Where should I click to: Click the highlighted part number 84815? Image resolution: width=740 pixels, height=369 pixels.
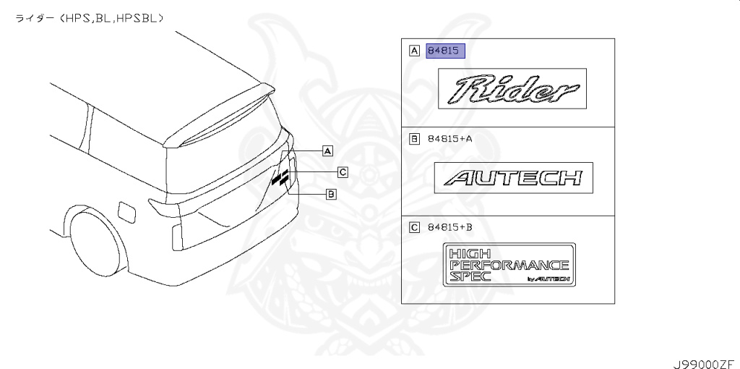pos(445,51)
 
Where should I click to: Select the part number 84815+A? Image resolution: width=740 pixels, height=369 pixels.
pos(449,139)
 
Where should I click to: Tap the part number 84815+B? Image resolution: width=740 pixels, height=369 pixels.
pos(449,228)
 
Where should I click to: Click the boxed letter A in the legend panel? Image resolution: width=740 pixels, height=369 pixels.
pos(414,50)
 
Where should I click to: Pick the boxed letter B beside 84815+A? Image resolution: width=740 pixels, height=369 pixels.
pos(414,139)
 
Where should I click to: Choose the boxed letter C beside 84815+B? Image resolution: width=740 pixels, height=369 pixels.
pos(414,228)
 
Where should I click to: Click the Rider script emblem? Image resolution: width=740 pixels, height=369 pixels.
pos(512,89)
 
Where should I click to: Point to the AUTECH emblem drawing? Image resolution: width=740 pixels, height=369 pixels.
pos(514,178)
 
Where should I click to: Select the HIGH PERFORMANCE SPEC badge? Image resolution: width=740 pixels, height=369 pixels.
pos(509,265)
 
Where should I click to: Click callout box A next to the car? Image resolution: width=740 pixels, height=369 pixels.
pos(327,150)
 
